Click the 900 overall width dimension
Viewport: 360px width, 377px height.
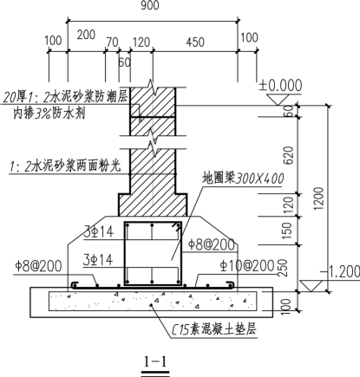point(150,5)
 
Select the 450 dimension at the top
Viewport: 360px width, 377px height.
point(195,42)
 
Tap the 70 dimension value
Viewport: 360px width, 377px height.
point(112,42)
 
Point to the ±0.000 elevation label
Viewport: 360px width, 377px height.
point(280,85)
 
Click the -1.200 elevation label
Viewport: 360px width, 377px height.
point(340,272)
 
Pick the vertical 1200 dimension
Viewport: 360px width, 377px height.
point(319,198)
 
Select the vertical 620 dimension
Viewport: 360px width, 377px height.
point(288,155)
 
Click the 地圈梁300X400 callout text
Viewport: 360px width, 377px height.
point(243,179)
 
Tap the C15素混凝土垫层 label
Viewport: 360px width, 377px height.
point(214,329)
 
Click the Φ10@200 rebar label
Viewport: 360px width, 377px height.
point(246,265)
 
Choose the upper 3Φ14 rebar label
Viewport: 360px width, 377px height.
point(99,232)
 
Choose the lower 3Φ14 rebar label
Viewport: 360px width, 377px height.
point(98,260)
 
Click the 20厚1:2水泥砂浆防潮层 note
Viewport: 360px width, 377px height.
point(65,97)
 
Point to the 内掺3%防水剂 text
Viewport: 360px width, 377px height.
point(49,114)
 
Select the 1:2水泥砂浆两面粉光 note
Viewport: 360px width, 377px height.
point(65,166)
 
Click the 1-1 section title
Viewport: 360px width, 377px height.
point(155,361)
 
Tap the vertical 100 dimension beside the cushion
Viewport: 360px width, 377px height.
point(285,305)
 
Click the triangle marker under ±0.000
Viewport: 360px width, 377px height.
point(279,100)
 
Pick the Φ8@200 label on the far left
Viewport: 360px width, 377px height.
point(38,266)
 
